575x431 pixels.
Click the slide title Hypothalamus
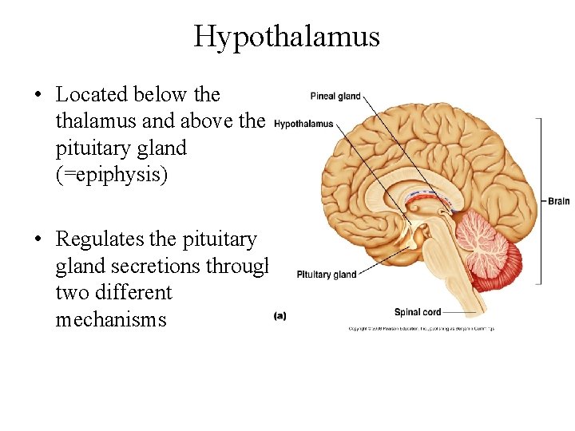tap(287, 36)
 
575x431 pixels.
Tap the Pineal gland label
tap(335, 97)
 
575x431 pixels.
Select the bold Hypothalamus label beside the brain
tap(303, 124)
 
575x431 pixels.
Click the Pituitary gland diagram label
tap(327, 275)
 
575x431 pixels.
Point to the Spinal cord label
tap(418, 311)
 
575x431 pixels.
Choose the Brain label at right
tap(559, 201)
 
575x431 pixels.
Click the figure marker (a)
tap(280, 315)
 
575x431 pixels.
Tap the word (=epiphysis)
tap(112, 175)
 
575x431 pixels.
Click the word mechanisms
tap(111, 320)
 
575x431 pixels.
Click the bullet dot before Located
tap(38, 95)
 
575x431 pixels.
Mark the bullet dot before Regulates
tap(38, 239)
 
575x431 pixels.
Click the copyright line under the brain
tap(421, 329)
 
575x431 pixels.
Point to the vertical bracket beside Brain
tap(540, 201)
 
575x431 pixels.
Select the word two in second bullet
tap(71, 293)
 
